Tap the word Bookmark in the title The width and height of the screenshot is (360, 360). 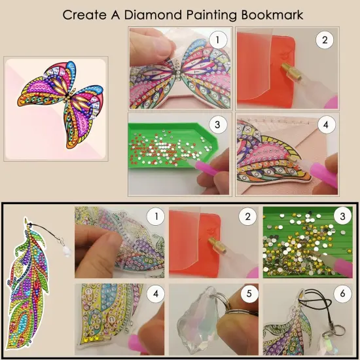[268, 14]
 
